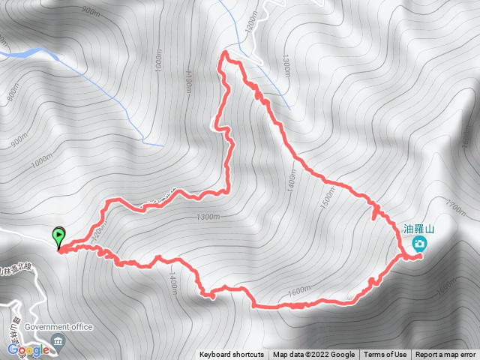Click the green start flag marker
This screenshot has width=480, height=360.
58,238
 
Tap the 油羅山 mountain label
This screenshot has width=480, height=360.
419,230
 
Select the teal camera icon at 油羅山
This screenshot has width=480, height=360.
420,244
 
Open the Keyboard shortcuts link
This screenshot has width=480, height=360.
231,355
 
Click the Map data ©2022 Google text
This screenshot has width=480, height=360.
313,355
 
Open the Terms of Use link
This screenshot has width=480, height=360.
385,355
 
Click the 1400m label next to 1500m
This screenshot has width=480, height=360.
292,179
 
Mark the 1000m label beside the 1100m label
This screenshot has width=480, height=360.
158,59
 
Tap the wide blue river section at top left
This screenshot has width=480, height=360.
34,52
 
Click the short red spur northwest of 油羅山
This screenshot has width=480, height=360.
374,213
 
